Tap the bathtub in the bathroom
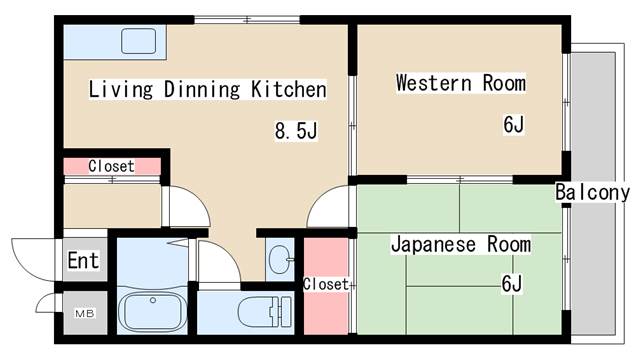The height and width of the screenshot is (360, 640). tap(152, 309)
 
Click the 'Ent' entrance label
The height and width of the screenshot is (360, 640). tap(83, 261)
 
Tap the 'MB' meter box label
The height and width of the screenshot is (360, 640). tap(83, 314)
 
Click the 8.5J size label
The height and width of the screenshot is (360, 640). tap(297, 130)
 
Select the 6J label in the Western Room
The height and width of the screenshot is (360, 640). tap(514, 125)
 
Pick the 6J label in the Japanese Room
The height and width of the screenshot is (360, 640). tap(511, 284)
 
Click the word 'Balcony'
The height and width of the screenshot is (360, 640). tap(593, 193)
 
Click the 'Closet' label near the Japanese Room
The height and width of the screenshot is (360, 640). tap(326, 284)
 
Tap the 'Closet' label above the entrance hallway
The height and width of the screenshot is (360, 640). tap(111, 166)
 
